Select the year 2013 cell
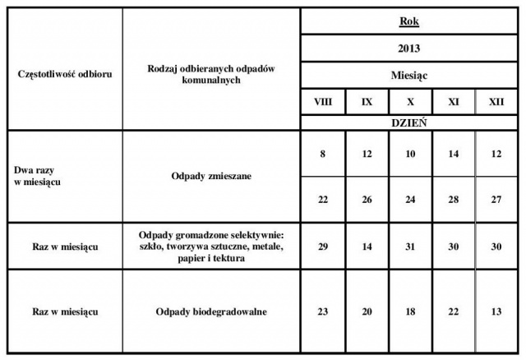(x=409, y=48)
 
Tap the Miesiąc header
(x=409, y=75)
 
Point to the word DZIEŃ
(x=409, y=122)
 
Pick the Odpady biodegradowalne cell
(x=211, y=312)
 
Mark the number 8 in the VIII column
(x=323, y=153)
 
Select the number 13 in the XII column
(x=496, y=312)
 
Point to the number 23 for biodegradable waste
(x=323, y=312)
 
